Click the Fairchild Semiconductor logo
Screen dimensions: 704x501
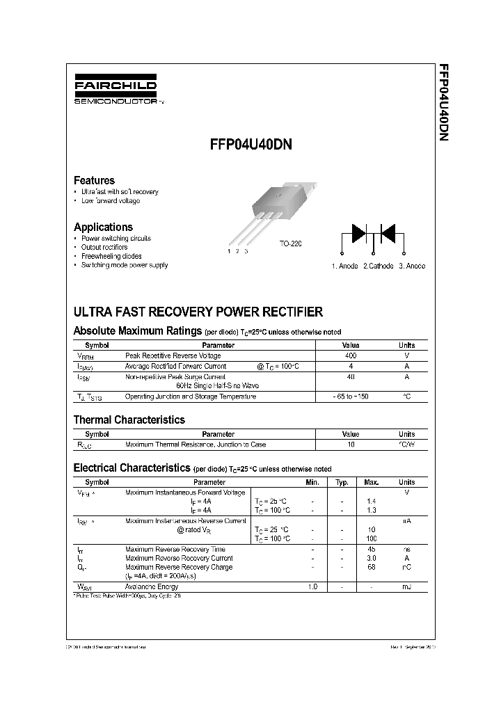coord(116,90)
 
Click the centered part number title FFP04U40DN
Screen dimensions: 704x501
coord(250,145)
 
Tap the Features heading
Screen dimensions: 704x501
coord(94,180)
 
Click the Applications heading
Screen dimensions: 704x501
coord(103,227)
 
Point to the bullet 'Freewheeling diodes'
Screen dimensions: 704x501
coord(112,256)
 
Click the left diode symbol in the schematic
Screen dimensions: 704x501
coord(359,232)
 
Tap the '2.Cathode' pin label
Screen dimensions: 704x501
coord(378,266)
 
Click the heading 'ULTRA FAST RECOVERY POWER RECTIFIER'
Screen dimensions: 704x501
coord(198,312)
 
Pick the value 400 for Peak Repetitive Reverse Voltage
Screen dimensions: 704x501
coord(351,355)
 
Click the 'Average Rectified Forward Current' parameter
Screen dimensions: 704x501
coord(175,366)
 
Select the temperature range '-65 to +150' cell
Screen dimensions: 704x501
coord(351,397)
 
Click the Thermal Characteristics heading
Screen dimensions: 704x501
coord(129,419)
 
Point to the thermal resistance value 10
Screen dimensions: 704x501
coord(351,444)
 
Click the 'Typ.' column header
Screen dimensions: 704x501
coord(342,482)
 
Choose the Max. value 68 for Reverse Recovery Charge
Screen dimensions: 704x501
coord(371,567)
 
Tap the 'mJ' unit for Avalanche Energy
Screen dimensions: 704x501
coord(406,587)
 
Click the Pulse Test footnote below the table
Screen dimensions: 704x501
coord(127,596)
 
